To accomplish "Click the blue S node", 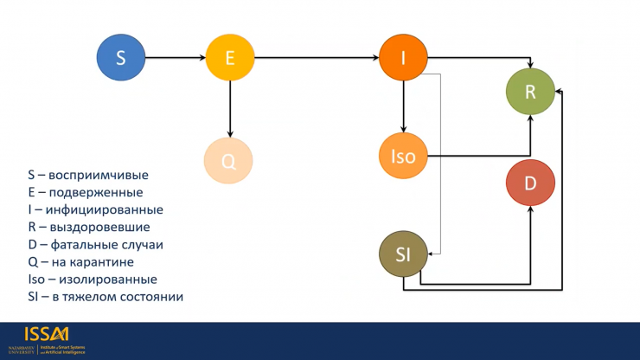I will pyautogui.click(x=120, y=58).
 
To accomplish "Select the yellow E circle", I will pyautogui.click(x=230, y=58).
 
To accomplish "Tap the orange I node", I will pyautogui.click(x=403, y=58).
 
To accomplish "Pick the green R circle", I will pyautogui.click(x=530, y=93).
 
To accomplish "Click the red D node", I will pyautogui.click(x=530, y=183).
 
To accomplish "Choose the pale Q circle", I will pyautogui.click(x=228, y=160).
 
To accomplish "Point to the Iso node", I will pyautogui.click(x=404, y=157).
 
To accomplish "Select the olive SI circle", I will pyautogui.click(x=403, y=254).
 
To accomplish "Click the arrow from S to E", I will pyautogui.click(x=175, y=58).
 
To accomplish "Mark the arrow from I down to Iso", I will pyautogui.click(x=403, y=106).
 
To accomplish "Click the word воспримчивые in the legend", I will pyautogui.click(x=99, y=175).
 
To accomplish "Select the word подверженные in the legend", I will pyautogui.click(x=96, y=192).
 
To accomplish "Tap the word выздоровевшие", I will pyautogui.click(x=99, y=227).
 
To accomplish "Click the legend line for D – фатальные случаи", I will pyautogui.click(x=95, y=244).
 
